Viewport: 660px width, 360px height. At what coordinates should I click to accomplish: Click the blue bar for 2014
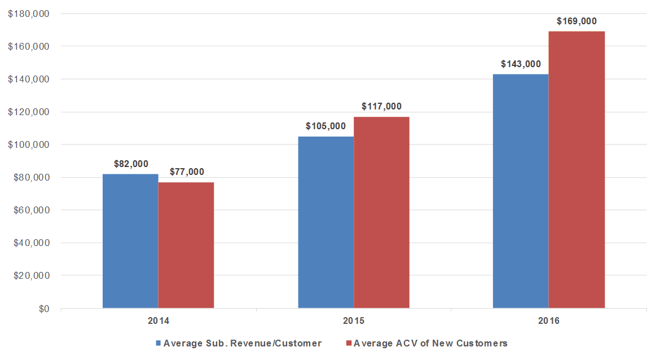[130, 241]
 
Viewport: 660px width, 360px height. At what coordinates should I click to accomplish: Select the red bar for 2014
[186, 245]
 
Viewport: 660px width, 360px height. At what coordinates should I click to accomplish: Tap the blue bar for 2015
[326, 222]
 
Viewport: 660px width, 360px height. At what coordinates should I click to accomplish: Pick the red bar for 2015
[381, 212]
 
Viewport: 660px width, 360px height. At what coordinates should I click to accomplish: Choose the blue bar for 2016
[521, 191]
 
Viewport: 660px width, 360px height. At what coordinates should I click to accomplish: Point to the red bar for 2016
[577, 170]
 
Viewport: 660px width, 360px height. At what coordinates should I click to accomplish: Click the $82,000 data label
[131, 164]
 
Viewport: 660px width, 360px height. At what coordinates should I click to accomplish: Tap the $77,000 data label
[187, 172]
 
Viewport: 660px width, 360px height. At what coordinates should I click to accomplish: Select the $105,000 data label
[326, 126]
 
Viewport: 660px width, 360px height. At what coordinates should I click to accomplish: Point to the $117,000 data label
[381, 106]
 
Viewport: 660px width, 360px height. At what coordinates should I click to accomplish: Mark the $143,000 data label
[521, 64]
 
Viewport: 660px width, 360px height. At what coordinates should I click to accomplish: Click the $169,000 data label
[577, 21]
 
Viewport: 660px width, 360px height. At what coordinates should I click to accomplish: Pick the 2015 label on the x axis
[354, 321]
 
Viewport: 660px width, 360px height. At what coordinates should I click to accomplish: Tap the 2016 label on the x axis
[549, 321]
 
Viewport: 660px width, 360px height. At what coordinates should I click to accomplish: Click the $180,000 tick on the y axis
[29, 14]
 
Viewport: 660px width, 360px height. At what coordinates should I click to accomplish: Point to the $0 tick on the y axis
[44, 309]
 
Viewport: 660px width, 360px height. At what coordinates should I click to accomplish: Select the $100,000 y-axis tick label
[29, 145]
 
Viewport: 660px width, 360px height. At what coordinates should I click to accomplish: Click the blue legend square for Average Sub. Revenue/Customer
[159, 343]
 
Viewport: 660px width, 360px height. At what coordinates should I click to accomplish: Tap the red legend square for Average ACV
[349, 343]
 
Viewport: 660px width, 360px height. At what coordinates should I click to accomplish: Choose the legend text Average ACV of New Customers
[430, 343]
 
